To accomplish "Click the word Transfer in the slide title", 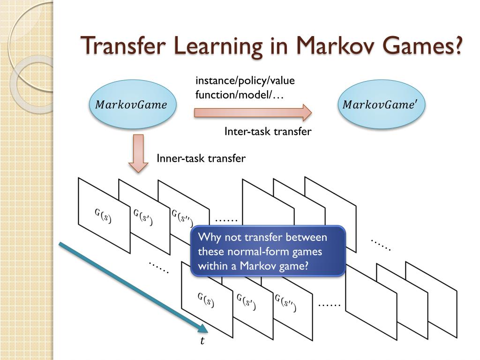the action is point(123,45).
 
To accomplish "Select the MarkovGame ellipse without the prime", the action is point(133,105).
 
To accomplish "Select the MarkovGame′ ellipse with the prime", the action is point(382,105).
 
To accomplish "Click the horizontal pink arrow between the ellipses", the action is point(253,112).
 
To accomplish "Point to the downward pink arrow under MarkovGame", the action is point(138,153).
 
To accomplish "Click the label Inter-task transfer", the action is point(268,131).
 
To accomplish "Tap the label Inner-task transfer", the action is point(201,158).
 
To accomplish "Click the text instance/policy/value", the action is point(245,81).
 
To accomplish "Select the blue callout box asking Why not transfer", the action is point(268,251).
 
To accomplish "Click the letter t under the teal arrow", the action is point(202,340).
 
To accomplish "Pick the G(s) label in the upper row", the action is point(103,216).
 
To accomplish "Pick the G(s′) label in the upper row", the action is point(143,217).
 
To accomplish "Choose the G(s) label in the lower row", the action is point(206,300).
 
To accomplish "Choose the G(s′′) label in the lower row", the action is point(285,303).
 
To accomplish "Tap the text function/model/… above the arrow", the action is point(240,95).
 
